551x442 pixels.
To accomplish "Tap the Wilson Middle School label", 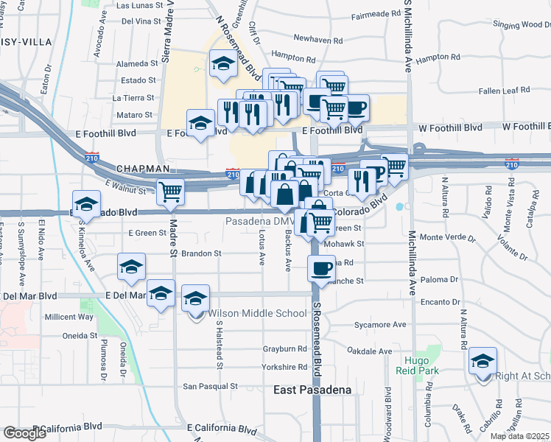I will (x=257, y=313).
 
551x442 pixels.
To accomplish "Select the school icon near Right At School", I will (x=482, y=361).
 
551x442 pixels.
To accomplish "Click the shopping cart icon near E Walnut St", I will (x=170, y=192).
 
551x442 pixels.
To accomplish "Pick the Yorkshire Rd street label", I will (x=284, y=367).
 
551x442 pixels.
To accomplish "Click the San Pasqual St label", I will (x=210, y=385).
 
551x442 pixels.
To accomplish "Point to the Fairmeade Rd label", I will (x=375, y=15).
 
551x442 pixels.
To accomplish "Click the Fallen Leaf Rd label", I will (x=505, y=90).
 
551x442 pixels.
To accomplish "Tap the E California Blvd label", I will (x=222, y=427).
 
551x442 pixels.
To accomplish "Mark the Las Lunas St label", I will (x=138, y=5).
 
